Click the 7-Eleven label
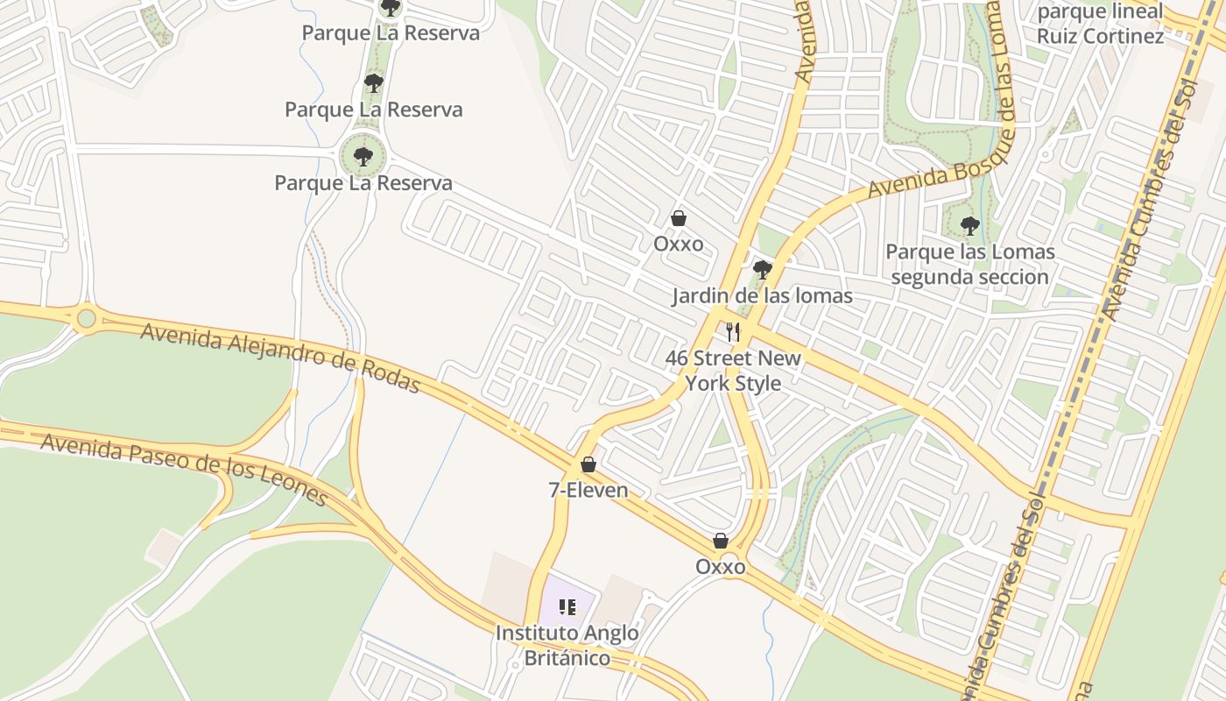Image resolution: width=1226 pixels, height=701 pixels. coord(588,490)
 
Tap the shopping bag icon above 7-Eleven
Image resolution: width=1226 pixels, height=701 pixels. coord(588,464)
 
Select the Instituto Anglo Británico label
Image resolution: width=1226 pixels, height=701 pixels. coord(567,645)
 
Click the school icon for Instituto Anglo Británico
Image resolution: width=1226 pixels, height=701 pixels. coord(567,606)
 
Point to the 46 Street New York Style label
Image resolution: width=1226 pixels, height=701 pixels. coord(733,371)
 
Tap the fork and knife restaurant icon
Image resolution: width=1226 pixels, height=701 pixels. coord(733,332)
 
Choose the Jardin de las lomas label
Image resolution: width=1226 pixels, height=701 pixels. coord(762,296)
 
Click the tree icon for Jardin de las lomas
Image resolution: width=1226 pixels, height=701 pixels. coord(762,269)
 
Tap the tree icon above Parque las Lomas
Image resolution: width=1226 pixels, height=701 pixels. coord(969,226)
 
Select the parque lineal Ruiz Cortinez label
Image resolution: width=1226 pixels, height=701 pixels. coord(1101,24)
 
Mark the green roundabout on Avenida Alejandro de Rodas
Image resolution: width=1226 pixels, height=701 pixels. coord(86,317)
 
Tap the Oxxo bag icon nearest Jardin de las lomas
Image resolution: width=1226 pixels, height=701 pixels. coord(678,218)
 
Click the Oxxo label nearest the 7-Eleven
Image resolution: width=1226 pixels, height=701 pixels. coord(720,567)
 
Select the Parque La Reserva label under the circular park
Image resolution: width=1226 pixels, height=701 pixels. coord(363,183)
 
